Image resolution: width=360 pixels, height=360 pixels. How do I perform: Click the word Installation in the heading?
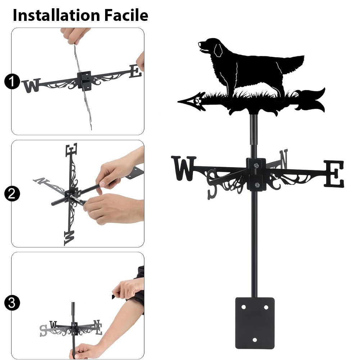56,15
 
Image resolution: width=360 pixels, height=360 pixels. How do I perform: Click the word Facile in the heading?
126,15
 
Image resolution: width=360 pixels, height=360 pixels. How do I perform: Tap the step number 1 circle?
12,81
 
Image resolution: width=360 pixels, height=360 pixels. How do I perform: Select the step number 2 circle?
12,194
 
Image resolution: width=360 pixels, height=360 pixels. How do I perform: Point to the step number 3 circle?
12,303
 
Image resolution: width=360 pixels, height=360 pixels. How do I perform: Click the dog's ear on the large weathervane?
218,50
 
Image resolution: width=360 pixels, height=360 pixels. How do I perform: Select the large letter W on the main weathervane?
184,168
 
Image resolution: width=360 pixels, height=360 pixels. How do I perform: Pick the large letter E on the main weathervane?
334,174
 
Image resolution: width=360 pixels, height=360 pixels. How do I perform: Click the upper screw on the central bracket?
256,165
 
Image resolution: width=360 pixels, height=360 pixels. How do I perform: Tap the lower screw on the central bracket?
257,185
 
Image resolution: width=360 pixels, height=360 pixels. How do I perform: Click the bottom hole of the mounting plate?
255,340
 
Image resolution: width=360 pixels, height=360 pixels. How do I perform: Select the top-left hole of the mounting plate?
244,307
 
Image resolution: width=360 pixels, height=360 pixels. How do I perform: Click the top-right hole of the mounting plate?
266,307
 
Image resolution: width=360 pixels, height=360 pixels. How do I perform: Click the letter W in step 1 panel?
31,86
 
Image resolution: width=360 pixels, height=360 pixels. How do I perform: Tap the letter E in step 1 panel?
135,71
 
